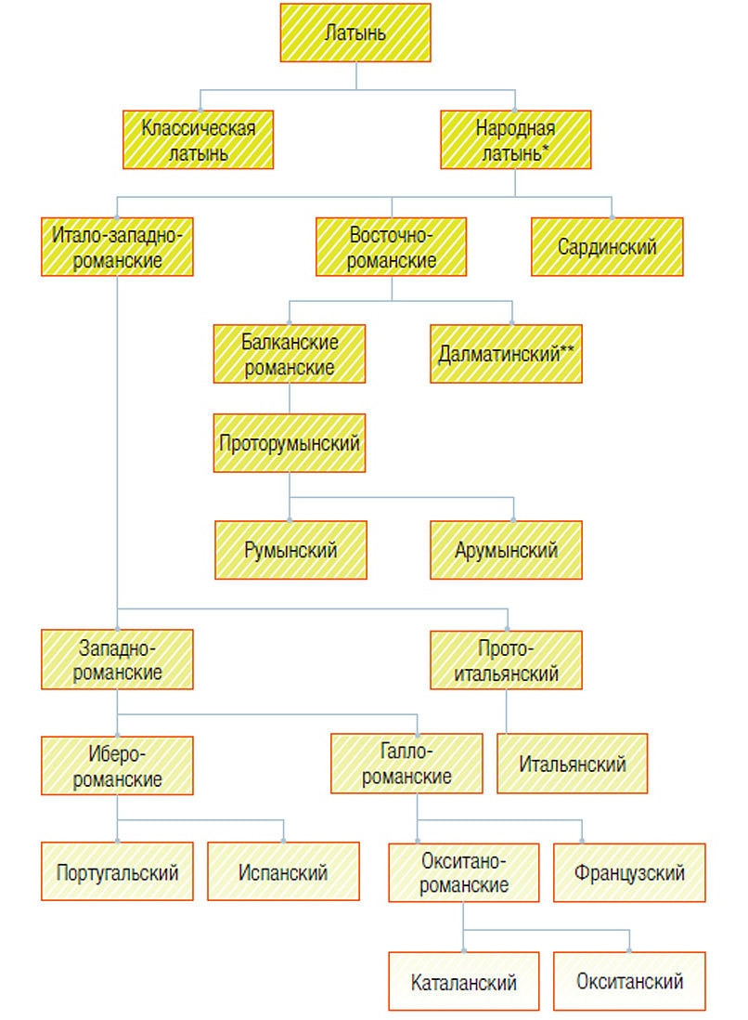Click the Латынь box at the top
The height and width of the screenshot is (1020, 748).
point(355,33)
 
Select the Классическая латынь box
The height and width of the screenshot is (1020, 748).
point(199,140)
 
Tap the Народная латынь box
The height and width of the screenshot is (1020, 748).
point(516,140)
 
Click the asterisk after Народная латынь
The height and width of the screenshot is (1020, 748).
point(546,150)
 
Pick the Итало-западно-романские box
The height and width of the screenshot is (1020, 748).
point(117,247)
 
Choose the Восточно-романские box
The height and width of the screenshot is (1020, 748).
point(392,247)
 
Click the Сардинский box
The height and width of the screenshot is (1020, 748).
point(607,247)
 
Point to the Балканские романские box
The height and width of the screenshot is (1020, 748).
point(290,354)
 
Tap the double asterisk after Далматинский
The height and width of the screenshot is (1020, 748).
point(567,350)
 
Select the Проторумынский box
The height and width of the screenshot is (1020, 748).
point(290,443)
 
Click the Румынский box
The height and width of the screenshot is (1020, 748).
point(290,550)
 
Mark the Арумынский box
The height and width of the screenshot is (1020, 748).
point(507,550)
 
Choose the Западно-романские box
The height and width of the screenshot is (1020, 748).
point(117,659)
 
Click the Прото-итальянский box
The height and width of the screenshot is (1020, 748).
point(507,660)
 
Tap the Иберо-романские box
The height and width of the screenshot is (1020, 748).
point(117,765)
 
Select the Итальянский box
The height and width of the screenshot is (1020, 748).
point(573,764)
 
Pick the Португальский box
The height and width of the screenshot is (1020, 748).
point(117,871)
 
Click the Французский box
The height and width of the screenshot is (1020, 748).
point(629,873)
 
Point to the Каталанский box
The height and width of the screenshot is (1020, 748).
point(464,982)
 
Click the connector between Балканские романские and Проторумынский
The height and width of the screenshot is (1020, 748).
point(290,399)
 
